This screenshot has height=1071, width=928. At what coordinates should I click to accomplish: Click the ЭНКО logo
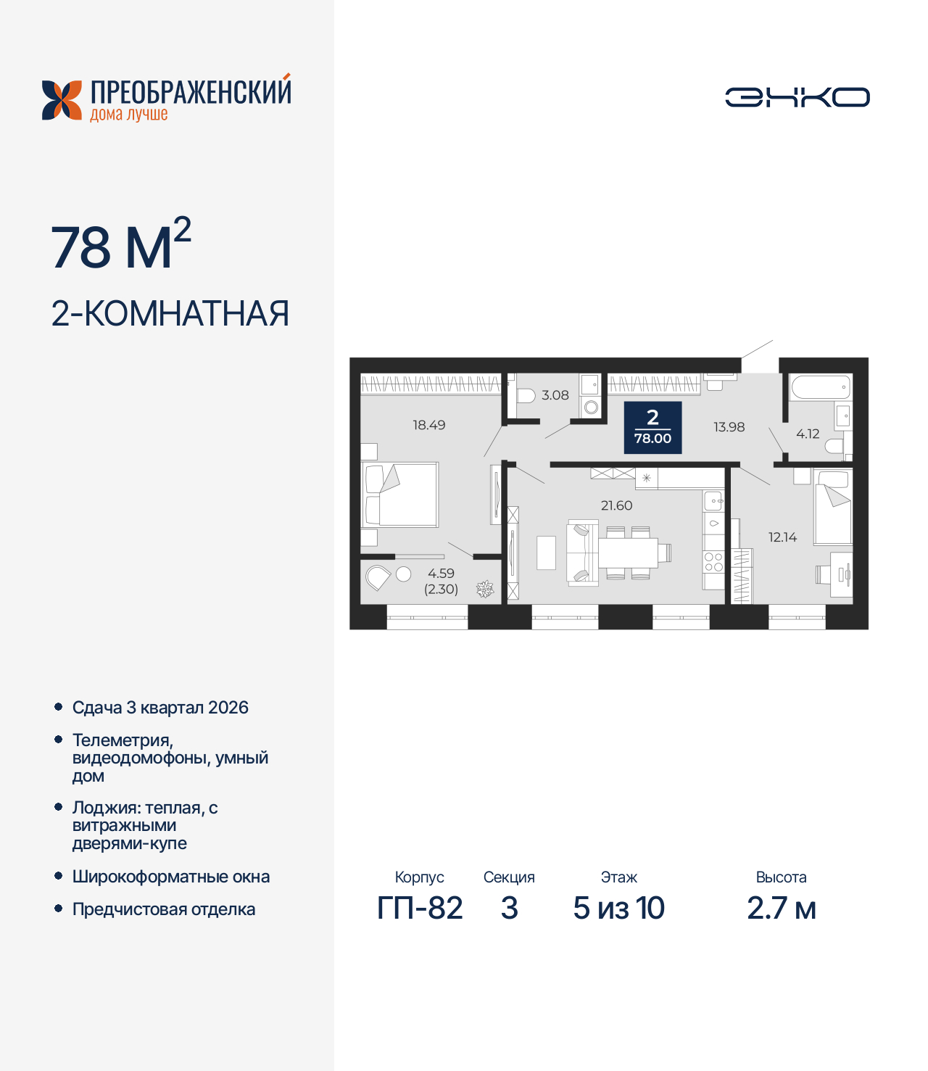coord(797,97)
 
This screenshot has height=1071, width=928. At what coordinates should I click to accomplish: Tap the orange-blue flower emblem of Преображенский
coord(62,100)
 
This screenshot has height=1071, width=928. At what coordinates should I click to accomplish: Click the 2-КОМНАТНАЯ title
coord(170,314)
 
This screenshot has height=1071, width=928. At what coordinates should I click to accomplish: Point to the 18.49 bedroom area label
coord(428,426)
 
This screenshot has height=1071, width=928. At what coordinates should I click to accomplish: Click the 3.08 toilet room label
coord(555,396)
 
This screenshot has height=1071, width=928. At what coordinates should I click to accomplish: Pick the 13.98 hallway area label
coord(729,427)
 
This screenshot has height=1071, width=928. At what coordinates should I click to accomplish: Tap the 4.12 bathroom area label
coord(807,434)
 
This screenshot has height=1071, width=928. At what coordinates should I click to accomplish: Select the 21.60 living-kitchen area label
coord(616,505)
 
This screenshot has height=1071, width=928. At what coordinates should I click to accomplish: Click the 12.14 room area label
coord(782,537)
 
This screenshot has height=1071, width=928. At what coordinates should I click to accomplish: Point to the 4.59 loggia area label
coord(441,574)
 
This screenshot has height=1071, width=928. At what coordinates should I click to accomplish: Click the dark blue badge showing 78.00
coord(652,428)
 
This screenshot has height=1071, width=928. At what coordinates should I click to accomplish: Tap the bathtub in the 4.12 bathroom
coord(820,387)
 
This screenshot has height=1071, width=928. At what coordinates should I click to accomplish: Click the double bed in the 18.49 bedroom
coord(401,495)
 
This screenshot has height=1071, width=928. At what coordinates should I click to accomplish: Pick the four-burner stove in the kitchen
coord(713,562)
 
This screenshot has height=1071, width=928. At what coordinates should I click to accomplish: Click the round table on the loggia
coord(404,574)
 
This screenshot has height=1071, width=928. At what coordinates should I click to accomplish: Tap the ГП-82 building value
coord(420,908)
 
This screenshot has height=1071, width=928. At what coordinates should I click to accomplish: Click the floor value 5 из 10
coord(618,908)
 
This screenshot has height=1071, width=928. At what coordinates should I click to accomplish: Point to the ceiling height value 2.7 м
coord(781,908)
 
